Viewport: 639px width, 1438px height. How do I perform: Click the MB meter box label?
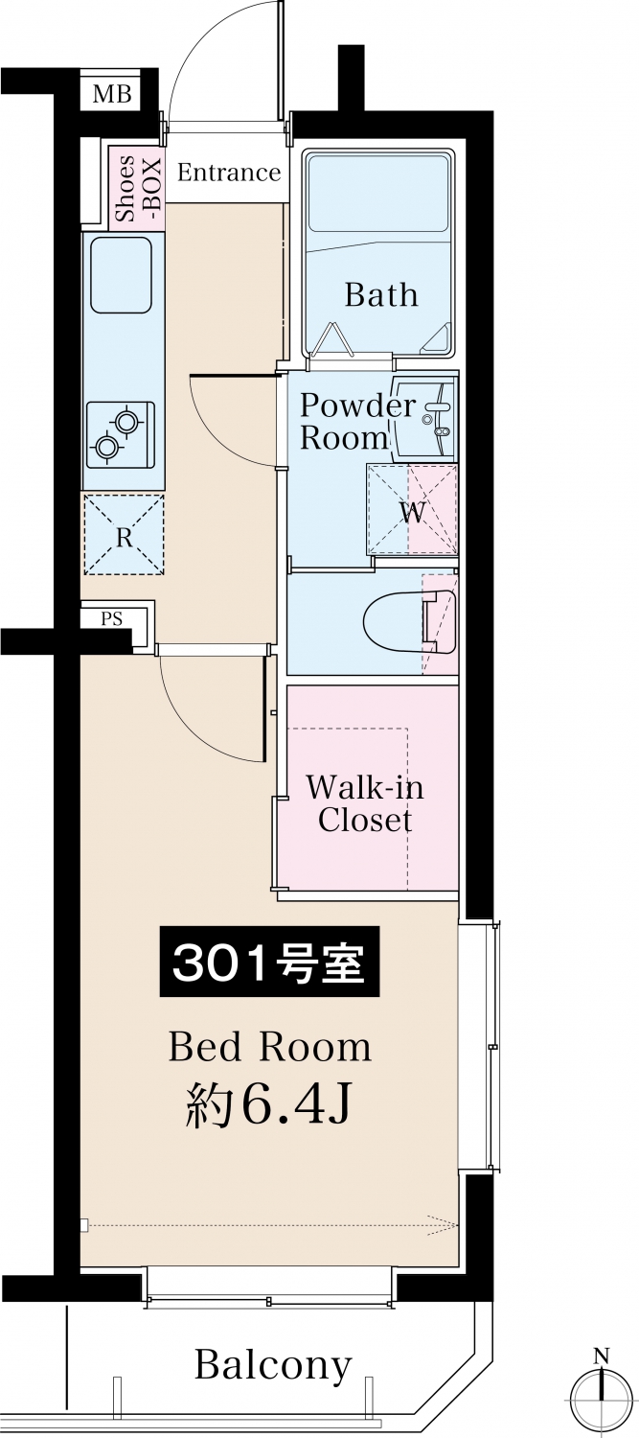[x=112, y=94]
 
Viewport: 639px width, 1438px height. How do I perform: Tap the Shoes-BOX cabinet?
[x=137, y=185]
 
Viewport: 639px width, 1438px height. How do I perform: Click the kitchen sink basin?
[x=122, y=275]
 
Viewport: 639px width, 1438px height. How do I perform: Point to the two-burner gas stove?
[x=121, y=434]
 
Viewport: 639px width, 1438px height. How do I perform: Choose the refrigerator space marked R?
[x=124, y=534]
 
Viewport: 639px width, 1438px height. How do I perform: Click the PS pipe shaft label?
[x=112, y=619]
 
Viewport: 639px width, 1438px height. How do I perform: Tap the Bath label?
[x=381, y=294]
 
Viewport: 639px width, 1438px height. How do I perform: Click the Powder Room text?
[x=358, y=422]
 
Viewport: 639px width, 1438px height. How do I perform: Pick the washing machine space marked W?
[x=412, y=510]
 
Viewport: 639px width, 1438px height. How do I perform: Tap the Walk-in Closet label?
[x=365, y=803]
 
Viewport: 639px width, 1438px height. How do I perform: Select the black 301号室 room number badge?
[x=269, y=961]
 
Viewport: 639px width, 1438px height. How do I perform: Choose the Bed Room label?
[x=270, y=1047]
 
